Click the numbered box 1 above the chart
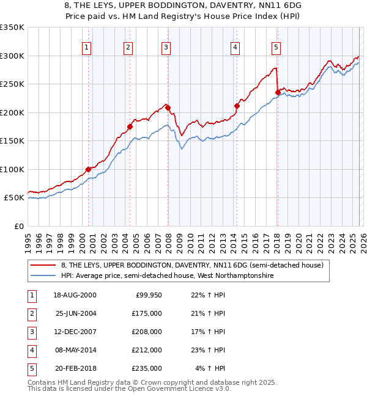click(x=86, y=47)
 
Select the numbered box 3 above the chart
click(x=166, y=47)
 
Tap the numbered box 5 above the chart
click(x=276, y=47)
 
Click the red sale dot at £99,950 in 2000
click(x=88, y=169)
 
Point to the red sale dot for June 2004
click(x=130, y=127)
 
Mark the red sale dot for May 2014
click(x=237, y=106)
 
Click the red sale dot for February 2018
click(x=278, y=93)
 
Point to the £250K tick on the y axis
click(x=12, y=84)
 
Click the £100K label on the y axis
click(x=12, y=169)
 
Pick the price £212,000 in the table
click(x=147, y=351)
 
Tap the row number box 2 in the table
click(x=30, y=314)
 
